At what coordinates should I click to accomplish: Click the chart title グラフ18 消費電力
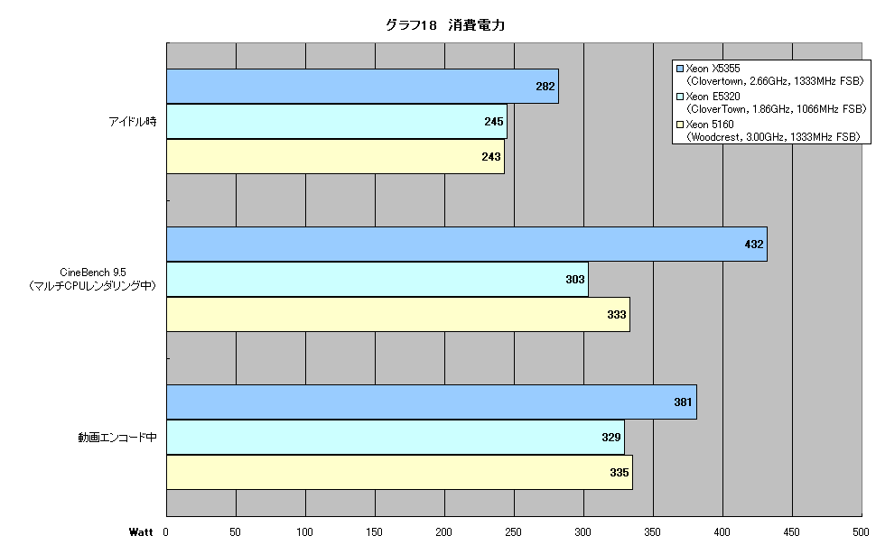point(445,25)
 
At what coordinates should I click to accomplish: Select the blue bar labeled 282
point(362,86)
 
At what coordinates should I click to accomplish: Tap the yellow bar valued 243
point(335,156)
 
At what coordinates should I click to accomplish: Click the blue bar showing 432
point(467,244)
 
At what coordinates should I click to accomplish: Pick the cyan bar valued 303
point(377,279)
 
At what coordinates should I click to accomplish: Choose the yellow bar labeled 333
point(397,314)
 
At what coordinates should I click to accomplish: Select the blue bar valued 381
point(432,402)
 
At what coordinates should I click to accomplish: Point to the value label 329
point(611,438)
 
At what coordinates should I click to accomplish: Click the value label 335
point(620,473)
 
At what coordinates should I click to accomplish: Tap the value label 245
point(494,121)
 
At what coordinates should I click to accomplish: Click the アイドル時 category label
point(133,121)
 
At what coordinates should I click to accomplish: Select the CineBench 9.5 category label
point(93,272)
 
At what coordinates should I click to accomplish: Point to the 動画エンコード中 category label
point(117,438)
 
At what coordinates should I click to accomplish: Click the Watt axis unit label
point(141,532)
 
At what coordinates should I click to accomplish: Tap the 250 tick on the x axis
point(514,532)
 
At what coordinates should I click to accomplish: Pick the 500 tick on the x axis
point(861,532)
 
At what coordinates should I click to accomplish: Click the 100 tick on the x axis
point(304,532)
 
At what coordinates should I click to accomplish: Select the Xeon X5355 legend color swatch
point(680,69)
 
